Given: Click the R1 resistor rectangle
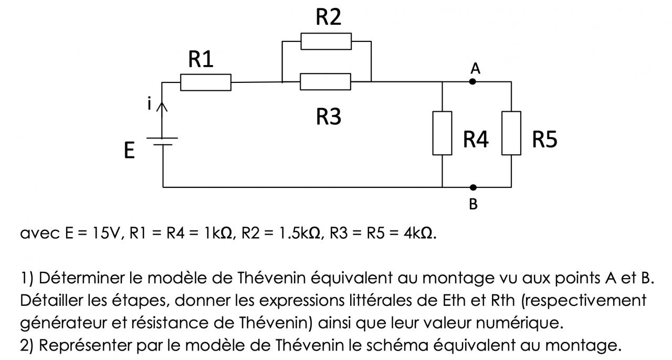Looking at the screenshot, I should click(205, 82).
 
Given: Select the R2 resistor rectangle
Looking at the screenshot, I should click(326, 41).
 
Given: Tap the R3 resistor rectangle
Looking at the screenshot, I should click(325, 82).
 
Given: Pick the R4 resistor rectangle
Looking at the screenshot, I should click(442, 133).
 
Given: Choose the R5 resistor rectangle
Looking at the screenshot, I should click(511, 133).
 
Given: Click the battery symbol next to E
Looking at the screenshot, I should click(163, 141).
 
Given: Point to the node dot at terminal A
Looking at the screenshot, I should click(472, 82).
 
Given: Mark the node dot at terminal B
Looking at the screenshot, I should click(473, 187).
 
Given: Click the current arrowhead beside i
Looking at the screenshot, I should click(163, 106).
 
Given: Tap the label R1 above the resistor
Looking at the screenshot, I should click(201, 60).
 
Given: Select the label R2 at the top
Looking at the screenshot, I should click(329, 17).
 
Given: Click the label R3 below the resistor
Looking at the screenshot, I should click(329, 117).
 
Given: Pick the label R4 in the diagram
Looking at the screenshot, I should click(476, 140).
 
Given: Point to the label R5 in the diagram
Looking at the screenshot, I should click(544, 140).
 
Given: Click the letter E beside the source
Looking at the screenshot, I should click(129, 152).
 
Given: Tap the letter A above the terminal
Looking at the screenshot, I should click(476, 68).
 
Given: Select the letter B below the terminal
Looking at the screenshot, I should click(473, 204).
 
